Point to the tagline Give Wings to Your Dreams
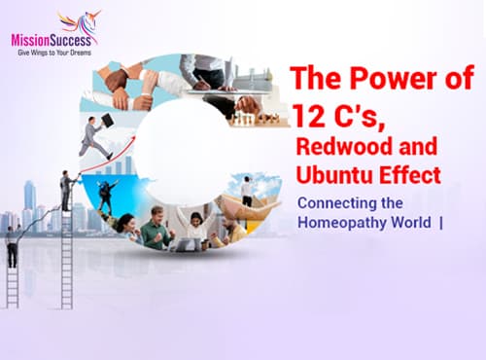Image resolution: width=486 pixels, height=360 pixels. coord(53,53)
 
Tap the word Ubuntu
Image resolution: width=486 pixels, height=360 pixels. coord(334,177)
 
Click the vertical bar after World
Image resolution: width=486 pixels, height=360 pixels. coord(441,222)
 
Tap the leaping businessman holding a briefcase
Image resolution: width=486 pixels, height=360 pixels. coord(93,136)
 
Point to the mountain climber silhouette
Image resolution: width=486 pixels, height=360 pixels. coord(107,195)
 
